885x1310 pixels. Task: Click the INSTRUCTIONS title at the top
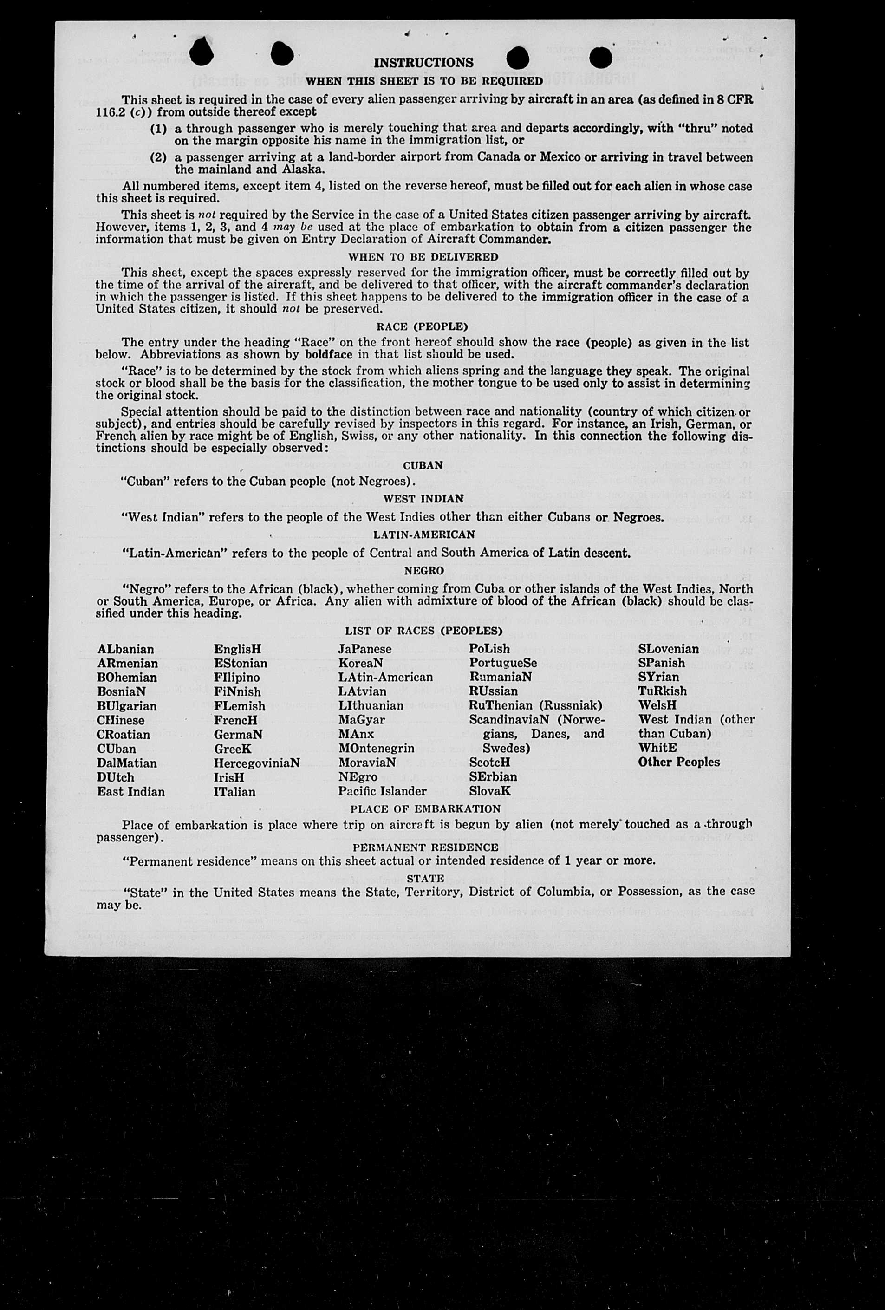tap(423, 63)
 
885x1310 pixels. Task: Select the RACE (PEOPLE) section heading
tap(422, 327)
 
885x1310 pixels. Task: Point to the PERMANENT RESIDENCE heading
tap(425, 847)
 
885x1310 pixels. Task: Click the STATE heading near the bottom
tap(426, 878)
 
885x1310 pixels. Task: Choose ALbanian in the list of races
tap(125, 649)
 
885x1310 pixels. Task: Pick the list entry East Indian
tap(131, 792)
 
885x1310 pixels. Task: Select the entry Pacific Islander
tap(382, 791)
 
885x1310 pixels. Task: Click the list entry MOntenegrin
tap(376, 749)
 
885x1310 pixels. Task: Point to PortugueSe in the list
tap(503, 664)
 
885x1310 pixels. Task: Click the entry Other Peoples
tap(679, 762)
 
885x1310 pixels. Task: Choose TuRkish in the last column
tap(662, 691)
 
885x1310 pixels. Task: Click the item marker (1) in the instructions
tap(158, 129)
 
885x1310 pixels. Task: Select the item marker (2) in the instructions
tap(158, 157)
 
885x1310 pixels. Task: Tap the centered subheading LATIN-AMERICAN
tap(424, 534)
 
